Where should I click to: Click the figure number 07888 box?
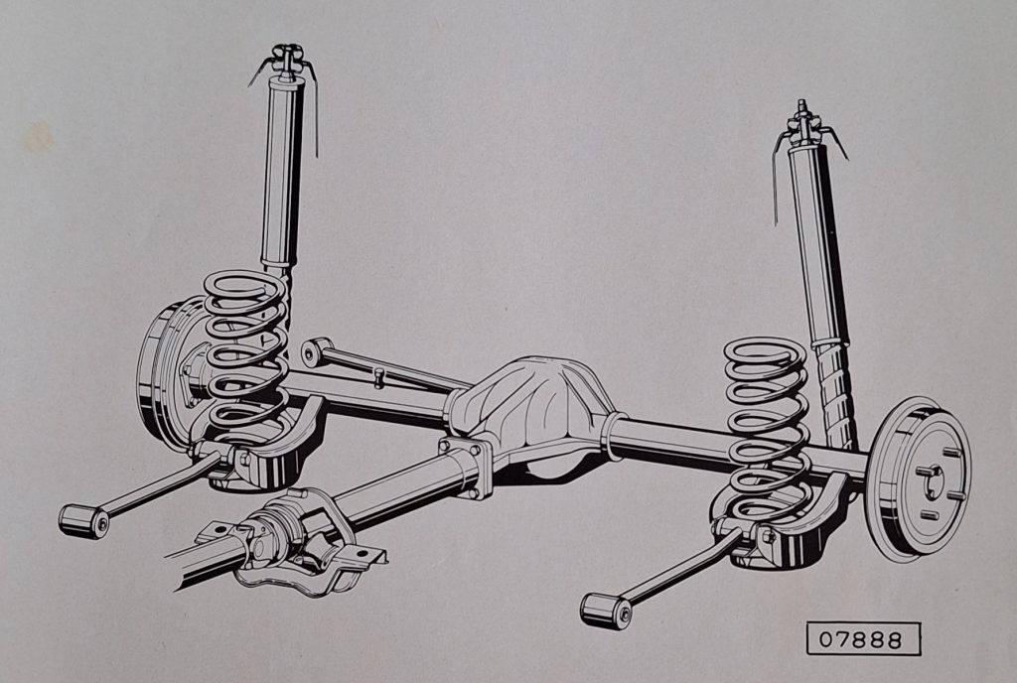pyautogui.click(x=863, y=639)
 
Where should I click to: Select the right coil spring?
pyautogui.click(x=768, y=431)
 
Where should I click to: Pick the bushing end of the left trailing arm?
pyautogui.click(x=83, y=521)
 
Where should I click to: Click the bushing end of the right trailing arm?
pyautogui.click(x=606, y=610)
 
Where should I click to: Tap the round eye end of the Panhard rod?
pyautogui.click(x=314, y=351)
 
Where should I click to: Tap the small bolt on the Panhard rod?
pyautogui.click(x=380, y=376)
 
